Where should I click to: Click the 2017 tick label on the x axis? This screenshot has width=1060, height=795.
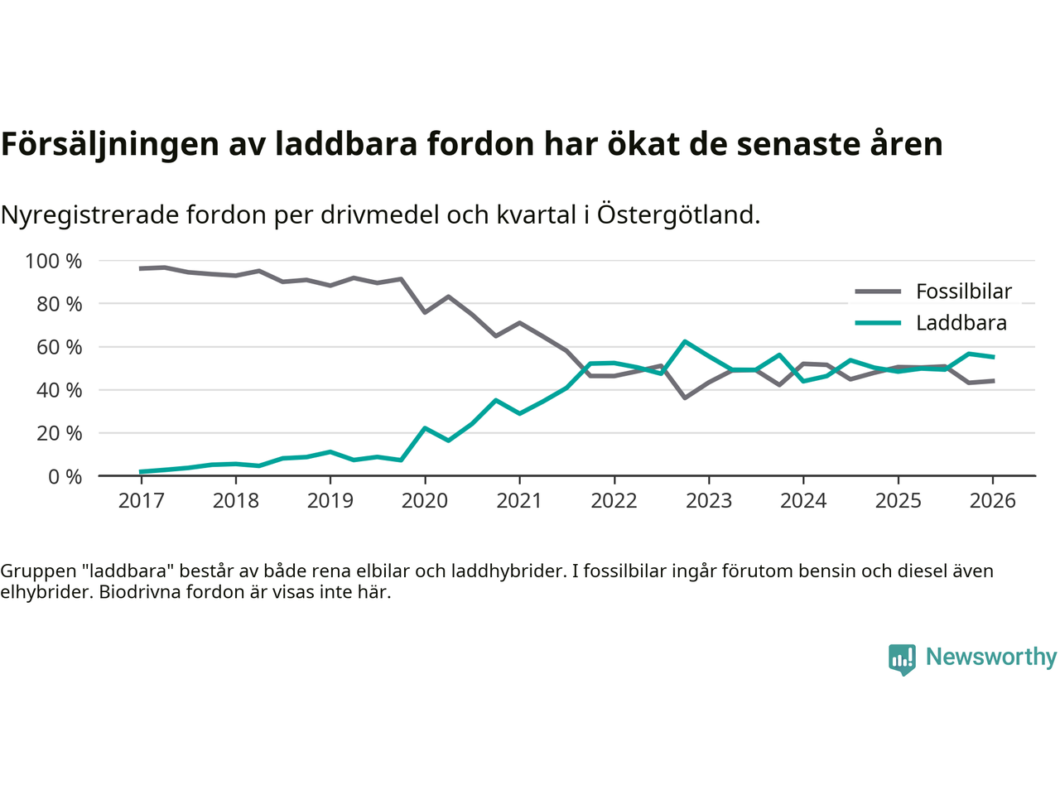141,500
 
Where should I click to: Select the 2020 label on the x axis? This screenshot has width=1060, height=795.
425,500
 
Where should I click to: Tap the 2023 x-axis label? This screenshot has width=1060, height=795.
709,500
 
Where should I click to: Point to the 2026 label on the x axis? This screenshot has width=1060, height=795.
992,500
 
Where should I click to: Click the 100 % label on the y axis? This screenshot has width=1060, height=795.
54,262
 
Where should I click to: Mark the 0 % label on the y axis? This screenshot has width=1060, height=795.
64,476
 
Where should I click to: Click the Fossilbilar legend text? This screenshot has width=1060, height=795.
963,291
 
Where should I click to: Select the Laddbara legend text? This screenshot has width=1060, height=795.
961,323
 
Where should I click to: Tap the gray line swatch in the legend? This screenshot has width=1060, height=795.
878,291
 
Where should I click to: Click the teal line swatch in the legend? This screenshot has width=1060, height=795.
878,323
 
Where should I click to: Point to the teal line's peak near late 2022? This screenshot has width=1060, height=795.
685,341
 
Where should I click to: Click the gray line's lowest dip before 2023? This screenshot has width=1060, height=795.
685,397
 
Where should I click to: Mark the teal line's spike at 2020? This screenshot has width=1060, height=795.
425,428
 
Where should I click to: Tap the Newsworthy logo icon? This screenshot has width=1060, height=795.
902,658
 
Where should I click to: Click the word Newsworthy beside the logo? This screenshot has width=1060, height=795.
990,657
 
